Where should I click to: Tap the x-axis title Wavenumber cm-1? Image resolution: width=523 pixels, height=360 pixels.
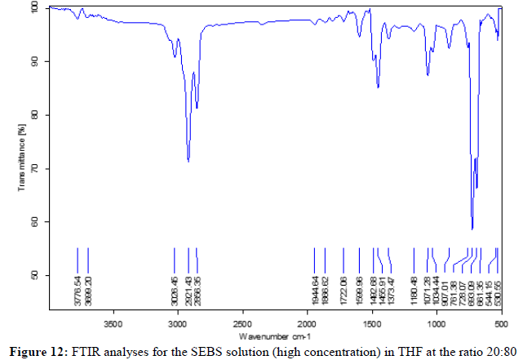(275, 336)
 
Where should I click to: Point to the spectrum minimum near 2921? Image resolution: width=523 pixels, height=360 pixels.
(188, 161)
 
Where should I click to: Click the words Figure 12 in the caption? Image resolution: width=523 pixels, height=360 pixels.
(37, 351)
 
